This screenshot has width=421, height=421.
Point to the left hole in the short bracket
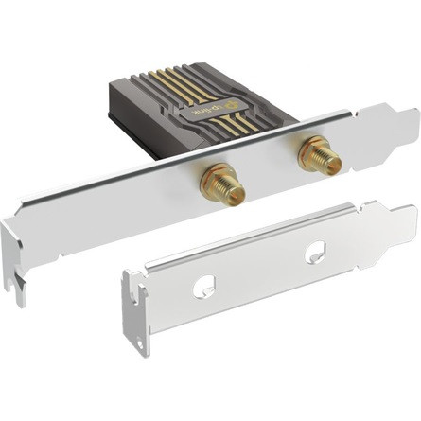coord(202,285)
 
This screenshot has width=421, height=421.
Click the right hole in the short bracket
coord(315,253)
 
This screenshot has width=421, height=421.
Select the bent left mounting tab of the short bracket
coord(135,312)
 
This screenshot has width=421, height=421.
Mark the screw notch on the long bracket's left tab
coord(16,280)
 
